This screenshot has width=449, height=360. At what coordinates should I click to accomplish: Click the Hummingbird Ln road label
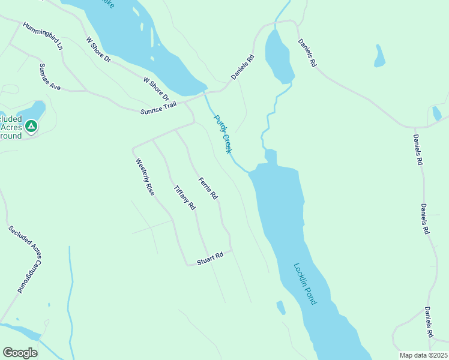(43, 36)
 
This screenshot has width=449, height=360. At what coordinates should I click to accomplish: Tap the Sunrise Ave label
(50, 76)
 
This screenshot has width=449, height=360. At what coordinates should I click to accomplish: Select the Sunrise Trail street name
(159, 108)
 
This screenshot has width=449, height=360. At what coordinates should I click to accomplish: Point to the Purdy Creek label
(223, 134)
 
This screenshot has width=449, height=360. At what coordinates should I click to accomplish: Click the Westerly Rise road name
(145, 176)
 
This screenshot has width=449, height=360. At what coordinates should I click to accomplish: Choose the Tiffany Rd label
(184, 197)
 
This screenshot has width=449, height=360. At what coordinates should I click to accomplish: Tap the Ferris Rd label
(208, 188)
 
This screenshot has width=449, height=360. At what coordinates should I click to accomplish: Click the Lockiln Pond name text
(305, 284)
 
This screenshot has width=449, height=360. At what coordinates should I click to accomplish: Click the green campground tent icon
(31, 126)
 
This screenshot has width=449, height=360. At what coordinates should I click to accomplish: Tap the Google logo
(20, 353)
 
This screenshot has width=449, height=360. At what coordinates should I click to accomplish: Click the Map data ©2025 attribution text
(424, 355)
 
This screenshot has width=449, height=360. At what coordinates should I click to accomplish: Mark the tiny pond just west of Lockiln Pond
(280, 307)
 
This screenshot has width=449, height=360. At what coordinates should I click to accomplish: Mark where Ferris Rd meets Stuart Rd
(232, 250)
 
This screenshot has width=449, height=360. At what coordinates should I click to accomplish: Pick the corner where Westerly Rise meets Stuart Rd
(186, 263)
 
